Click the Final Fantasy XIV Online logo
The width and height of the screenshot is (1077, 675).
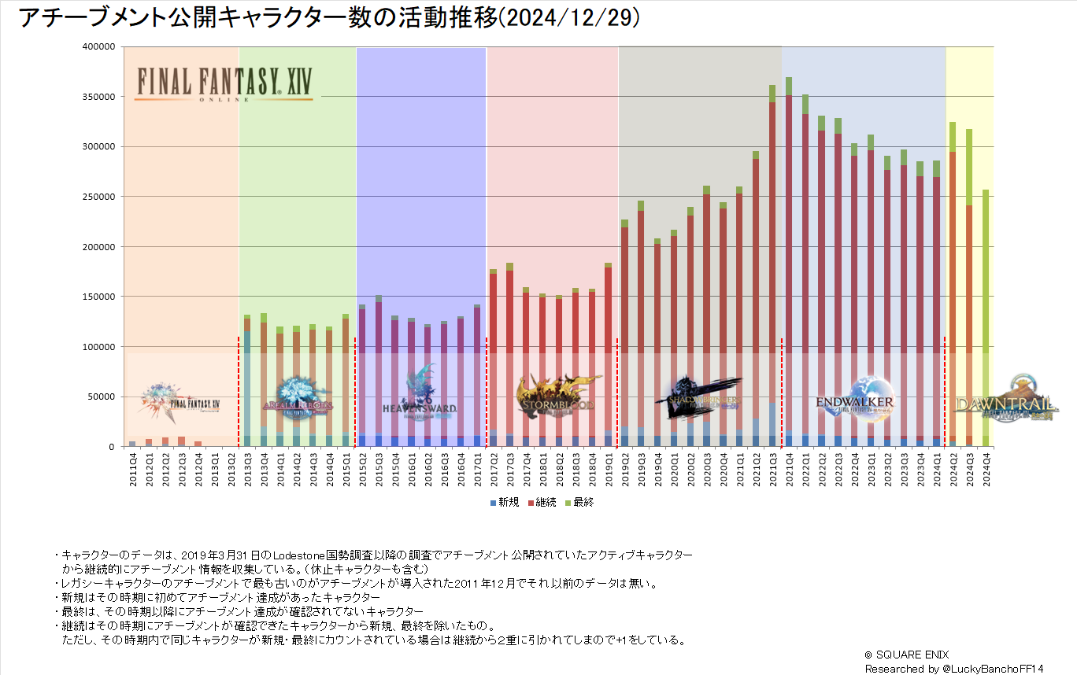tap(224, 83)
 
